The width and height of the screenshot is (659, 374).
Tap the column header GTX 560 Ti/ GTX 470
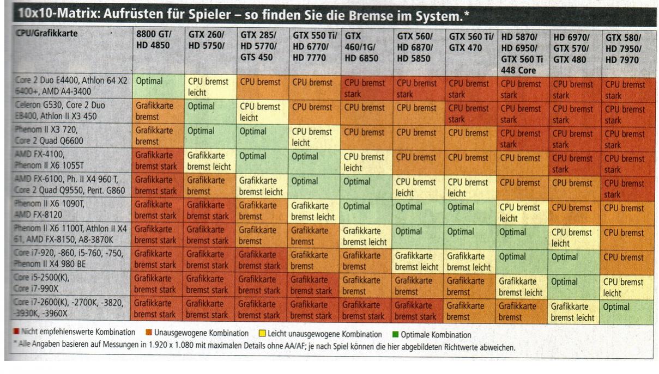click(471, 41)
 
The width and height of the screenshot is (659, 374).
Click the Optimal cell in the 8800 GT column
click(149, 81)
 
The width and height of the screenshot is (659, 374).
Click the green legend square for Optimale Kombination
click(395, 334)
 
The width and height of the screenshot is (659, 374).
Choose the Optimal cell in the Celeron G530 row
click(202, 106)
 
